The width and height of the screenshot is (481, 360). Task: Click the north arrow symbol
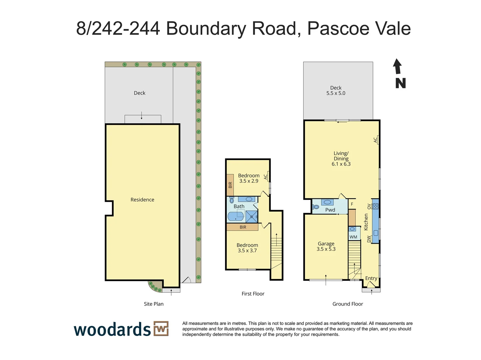click(397, 67)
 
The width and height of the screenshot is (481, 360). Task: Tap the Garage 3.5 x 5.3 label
click(326, 246)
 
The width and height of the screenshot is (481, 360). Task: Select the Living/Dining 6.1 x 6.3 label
click(341, 159)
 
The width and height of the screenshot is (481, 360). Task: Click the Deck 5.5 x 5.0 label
click(336, 90)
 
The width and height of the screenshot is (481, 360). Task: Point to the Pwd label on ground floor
click(330, 210)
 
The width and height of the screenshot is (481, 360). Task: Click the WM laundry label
click(353, 237)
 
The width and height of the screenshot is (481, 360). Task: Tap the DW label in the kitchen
click(369, 239)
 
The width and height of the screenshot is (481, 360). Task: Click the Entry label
click(371, 278)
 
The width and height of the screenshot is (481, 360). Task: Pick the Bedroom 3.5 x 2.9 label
click(249, 178)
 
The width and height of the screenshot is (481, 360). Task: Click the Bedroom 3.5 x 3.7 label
click(247, 248)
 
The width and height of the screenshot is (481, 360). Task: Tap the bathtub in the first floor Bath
click(236, 217)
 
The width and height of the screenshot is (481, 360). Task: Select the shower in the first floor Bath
click(252, 216)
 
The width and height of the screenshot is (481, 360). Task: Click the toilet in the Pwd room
click(315, 207)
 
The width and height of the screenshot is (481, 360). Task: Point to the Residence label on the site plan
click(142, 200)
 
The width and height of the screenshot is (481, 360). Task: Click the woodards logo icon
click(161, 329)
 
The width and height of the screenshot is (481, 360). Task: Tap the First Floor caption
click(253, 294)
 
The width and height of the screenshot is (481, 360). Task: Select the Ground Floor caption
click(348, 304)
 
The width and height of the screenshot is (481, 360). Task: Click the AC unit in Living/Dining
click(377, 140)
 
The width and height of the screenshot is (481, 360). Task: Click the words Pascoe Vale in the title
click(359, 28)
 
